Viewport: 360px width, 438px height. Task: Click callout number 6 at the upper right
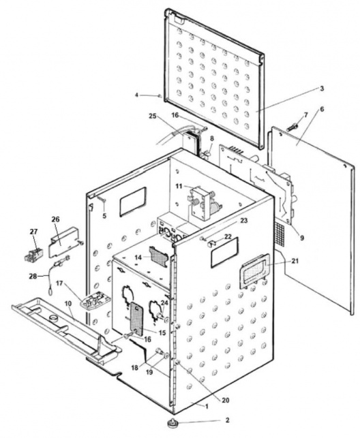coord(320,108)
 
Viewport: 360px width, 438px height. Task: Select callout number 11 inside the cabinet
coord(179,185)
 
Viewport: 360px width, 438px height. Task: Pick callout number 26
coord(55,220)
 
